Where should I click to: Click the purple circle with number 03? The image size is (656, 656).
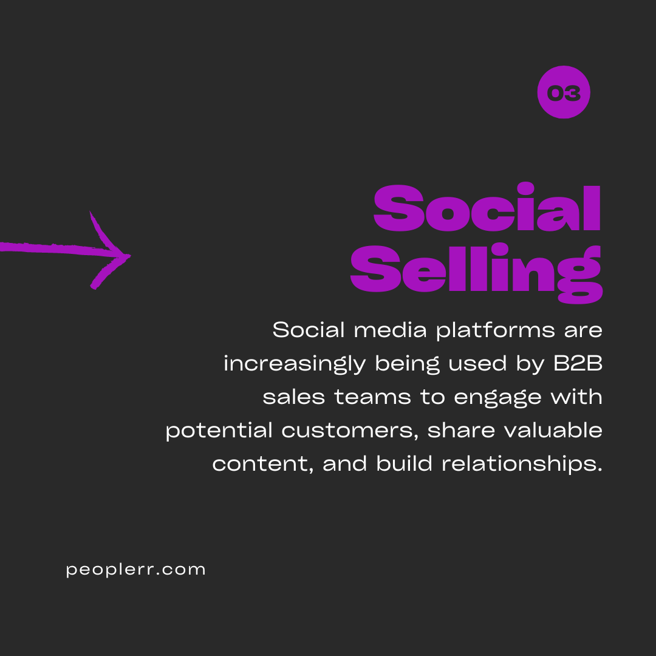point(564,92)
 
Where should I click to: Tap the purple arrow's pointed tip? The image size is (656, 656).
point(131,256)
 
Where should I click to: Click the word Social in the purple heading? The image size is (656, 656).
point(487,208)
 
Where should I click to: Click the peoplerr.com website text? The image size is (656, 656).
point(135,570)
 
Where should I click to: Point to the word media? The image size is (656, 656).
point(391,330)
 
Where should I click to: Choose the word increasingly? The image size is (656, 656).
point(295,364)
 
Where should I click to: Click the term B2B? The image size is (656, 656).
point(578,363)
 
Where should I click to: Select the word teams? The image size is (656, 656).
point(373,397)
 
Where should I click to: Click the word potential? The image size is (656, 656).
point(219,431)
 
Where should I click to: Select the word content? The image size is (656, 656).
point(263,465)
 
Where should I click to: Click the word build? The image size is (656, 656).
point(404,463)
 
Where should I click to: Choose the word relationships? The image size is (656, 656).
point(522,465)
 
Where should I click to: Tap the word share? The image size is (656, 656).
point(461,431)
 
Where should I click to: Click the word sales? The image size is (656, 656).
point(294,397)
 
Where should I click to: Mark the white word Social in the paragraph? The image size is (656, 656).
point(309,330)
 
